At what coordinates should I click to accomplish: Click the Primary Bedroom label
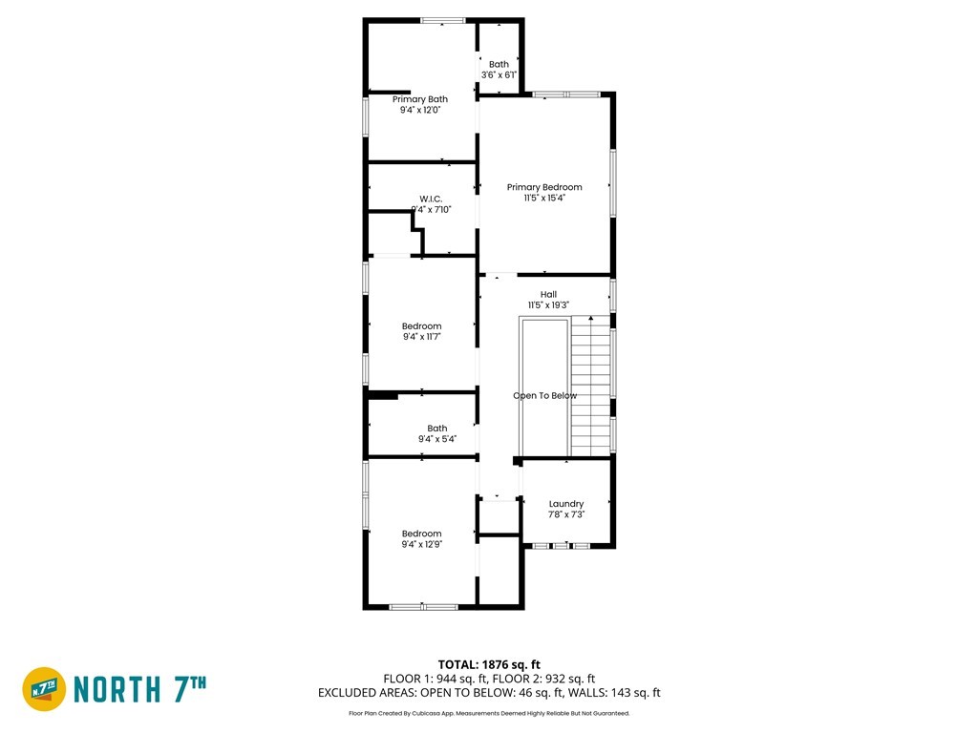click(x=543, y=187)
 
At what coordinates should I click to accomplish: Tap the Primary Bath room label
click(x=420, y=99)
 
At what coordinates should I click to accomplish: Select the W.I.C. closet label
click(x=431, y=199)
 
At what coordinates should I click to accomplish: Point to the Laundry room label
click(x=566, y=504)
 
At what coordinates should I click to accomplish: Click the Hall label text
click(x=549, y=294)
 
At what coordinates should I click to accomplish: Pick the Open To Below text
click(x=544, y=396)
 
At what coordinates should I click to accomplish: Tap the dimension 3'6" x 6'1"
click(x=499, y=74)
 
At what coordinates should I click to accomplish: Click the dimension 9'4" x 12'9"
click(x=421, y=544)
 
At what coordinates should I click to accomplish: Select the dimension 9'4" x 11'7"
click(x=421, y=337)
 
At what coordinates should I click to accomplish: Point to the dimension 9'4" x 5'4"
click(x=437, y=439)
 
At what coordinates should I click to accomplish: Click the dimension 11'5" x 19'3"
click(x=548, y=304)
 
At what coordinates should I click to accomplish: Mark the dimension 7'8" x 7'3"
click(x=566, y=514)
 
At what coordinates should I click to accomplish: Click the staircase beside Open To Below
click(x=590, y=387)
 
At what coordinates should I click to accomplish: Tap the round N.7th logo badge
click(x=44, y=689)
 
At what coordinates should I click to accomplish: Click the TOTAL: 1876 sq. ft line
click(x=489, y=664)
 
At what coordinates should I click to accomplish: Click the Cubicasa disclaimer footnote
click(x=489, y=713)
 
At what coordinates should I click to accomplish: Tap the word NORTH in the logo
click(x=117, y=689)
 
